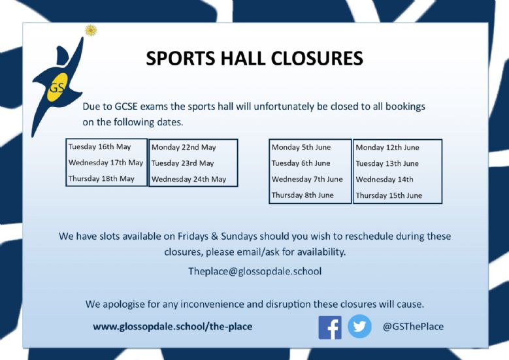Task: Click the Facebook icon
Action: point(330,327)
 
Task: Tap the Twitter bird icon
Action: point(359,326)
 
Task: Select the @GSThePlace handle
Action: point(413,326)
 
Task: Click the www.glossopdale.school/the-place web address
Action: point(172,326)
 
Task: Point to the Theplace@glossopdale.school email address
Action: point(255,271)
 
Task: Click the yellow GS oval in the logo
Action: point(57,87)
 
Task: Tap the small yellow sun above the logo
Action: point(91,30)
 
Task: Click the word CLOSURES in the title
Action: point(316,58)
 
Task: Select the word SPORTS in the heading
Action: point(180,58)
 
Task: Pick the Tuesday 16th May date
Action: point(100,147)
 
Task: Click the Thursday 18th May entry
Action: point(101,178)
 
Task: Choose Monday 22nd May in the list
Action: point(184,148)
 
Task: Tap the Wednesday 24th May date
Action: point(189,179)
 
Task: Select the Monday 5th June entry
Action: point(301,148)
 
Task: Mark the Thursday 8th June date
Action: point(303,195)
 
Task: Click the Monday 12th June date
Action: point(387,148)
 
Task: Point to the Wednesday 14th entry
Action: point(385,180)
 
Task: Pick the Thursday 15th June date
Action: point(389,195)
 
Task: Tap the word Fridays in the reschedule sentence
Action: point(193,236)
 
